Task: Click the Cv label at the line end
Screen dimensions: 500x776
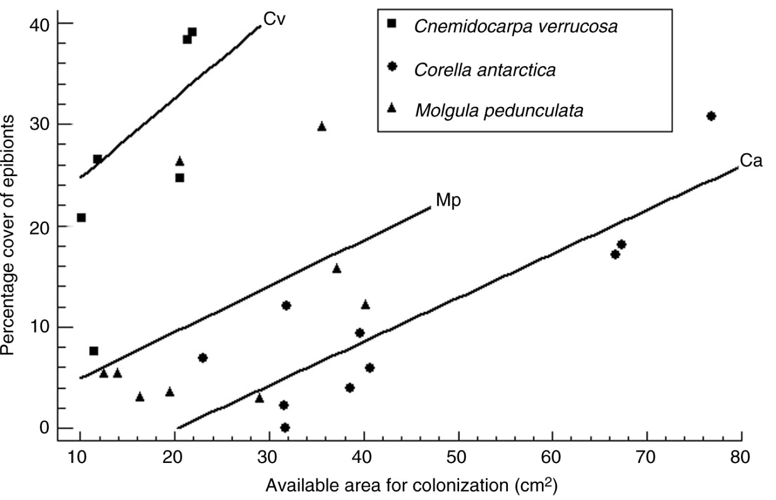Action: (x=274, y=20)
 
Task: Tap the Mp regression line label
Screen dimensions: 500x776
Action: (x=448, y=200)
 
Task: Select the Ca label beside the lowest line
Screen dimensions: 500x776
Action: (x=751, y=161)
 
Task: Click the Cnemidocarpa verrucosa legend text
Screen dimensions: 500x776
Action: (x=515, y=26)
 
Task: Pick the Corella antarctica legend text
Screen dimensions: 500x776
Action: (x=484, y=70)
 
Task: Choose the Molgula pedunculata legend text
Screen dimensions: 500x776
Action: (x=499, y=110)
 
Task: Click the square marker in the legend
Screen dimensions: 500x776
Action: (x=392, y=23)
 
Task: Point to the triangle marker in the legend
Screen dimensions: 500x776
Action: (x=392, y=108)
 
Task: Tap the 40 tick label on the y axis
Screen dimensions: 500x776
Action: (x=39, y=24)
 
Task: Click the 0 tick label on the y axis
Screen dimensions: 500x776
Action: (x=44, y=428)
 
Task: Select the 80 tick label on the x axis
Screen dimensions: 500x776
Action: (x=740, y=457)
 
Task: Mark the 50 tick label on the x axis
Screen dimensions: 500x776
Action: (x=457, y=457)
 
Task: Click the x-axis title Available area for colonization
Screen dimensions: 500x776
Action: (x=411, y=486)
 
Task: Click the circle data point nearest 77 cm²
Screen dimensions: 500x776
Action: (x=711, y=116)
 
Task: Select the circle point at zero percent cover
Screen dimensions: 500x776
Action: (x=285, y=428)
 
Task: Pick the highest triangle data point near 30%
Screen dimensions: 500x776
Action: (x=321, y=126)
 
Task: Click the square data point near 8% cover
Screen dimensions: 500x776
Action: (x=93, y=351)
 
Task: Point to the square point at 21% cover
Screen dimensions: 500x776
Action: (x=81, y=218)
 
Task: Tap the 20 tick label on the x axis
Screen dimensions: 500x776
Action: (x=173, y=457)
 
